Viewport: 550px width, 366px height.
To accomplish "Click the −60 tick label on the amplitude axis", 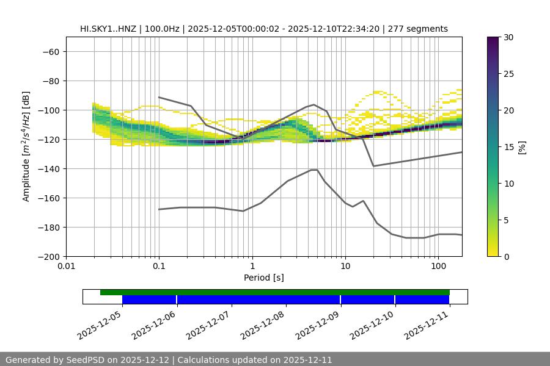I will [50, 51].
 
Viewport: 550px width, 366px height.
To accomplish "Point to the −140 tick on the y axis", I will [50, 168].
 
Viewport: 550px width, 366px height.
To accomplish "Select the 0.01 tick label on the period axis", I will [66, 267].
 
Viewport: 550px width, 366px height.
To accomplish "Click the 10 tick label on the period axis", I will [345, 267].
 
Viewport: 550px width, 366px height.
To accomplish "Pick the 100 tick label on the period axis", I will [438, 267].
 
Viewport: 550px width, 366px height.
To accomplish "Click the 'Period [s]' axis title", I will [264, 278].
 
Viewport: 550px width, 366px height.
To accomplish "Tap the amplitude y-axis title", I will [26, 147].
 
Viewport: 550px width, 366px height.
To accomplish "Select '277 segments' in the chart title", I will [419, 29].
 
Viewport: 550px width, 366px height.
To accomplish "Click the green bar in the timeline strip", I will [275, 292].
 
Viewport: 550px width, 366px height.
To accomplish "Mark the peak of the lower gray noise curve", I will [314, 170].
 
